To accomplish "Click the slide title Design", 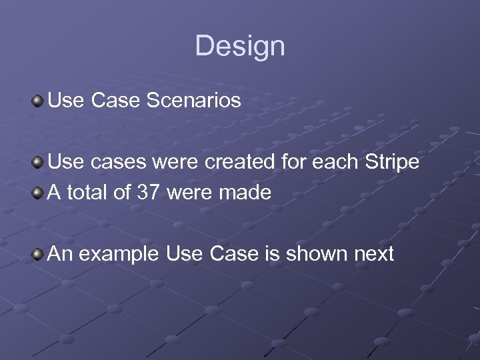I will click(240, 46).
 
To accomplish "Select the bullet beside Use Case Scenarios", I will click(38, 101).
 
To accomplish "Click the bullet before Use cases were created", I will click(38, 162).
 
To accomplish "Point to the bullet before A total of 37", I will click(38, 193).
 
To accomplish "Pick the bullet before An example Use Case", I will click(38, 253).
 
